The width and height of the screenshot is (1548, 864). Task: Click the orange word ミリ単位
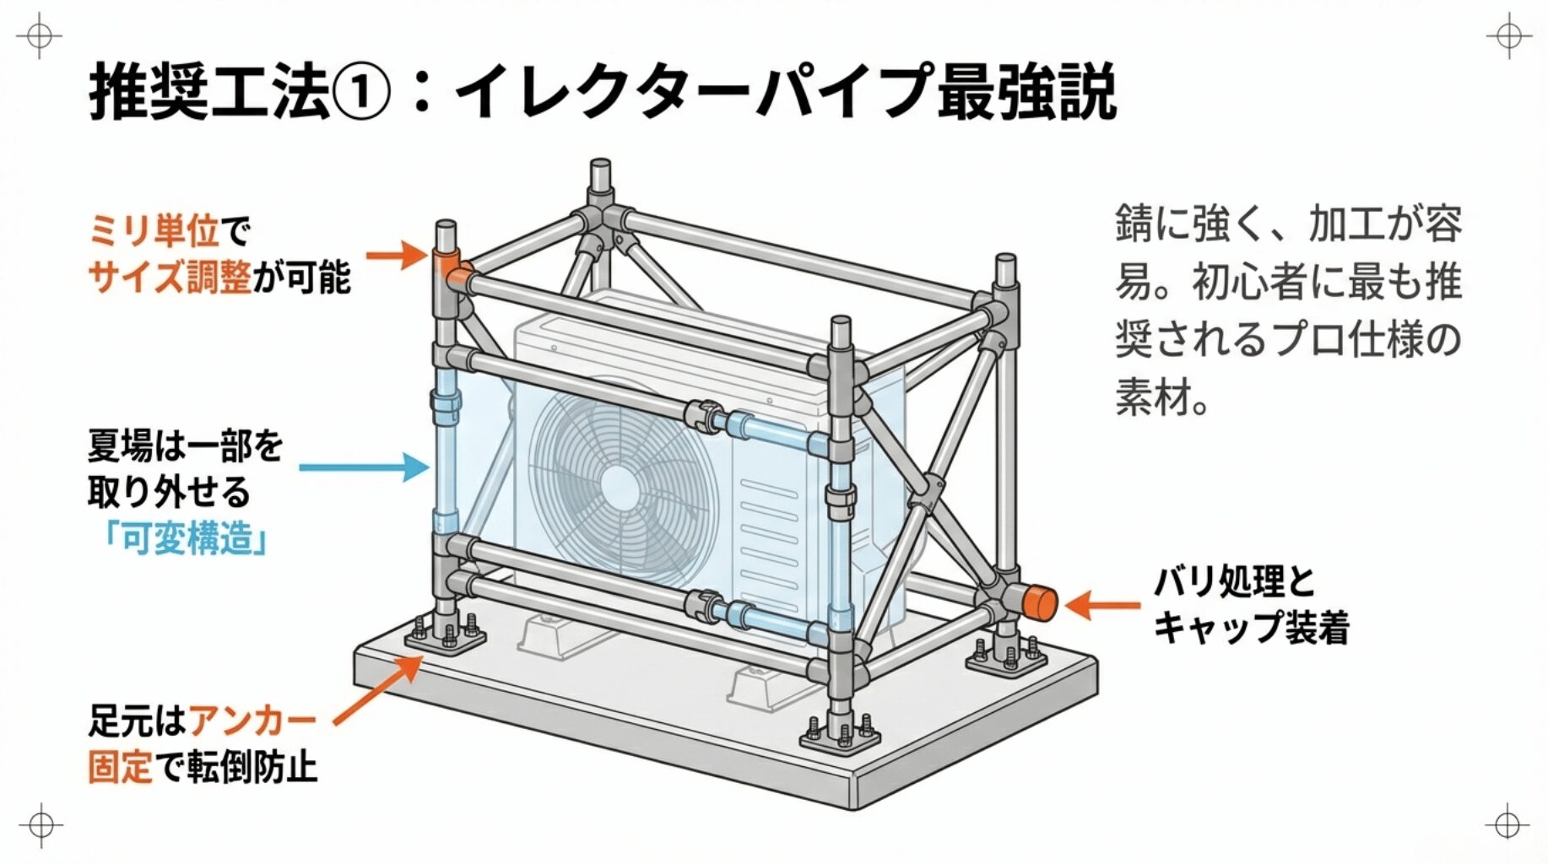coord(154,230)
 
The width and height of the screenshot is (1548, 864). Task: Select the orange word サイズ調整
coord(169,277)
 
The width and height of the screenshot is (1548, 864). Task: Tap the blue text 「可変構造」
coord(185,538)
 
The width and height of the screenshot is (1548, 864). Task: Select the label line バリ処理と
coord(1234,582)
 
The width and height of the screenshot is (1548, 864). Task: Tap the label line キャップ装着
coord(1251,628)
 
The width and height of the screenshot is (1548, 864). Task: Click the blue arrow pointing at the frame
coord(363,467)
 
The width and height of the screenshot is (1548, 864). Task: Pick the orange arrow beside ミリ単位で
coord(397,255)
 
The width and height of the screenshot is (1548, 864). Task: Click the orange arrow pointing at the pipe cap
coord(1101,604)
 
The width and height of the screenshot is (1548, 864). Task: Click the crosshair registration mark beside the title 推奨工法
coord(39,38)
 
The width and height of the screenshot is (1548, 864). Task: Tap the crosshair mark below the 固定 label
coord(41,824)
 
